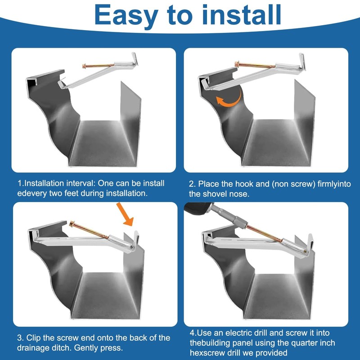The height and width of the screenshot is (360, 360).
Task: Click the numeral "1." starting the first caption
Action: pos(21,184)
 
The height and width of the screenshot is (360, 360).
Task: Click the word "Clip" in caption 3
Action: pos(35,337)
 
